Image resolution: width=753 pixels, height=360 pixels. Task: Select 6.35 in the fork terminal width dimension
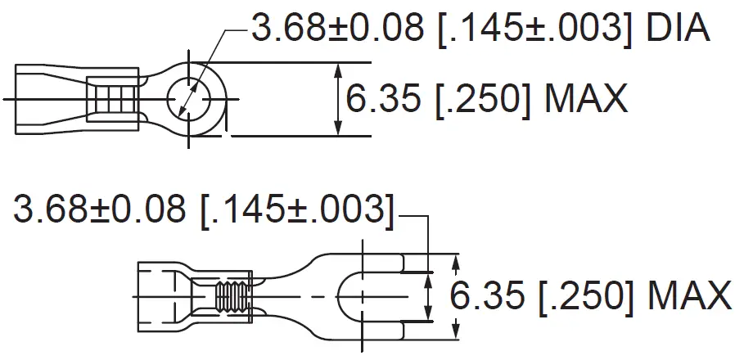488,295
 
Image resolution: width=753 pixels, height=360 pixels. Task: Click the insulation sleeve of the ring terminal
49,100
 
